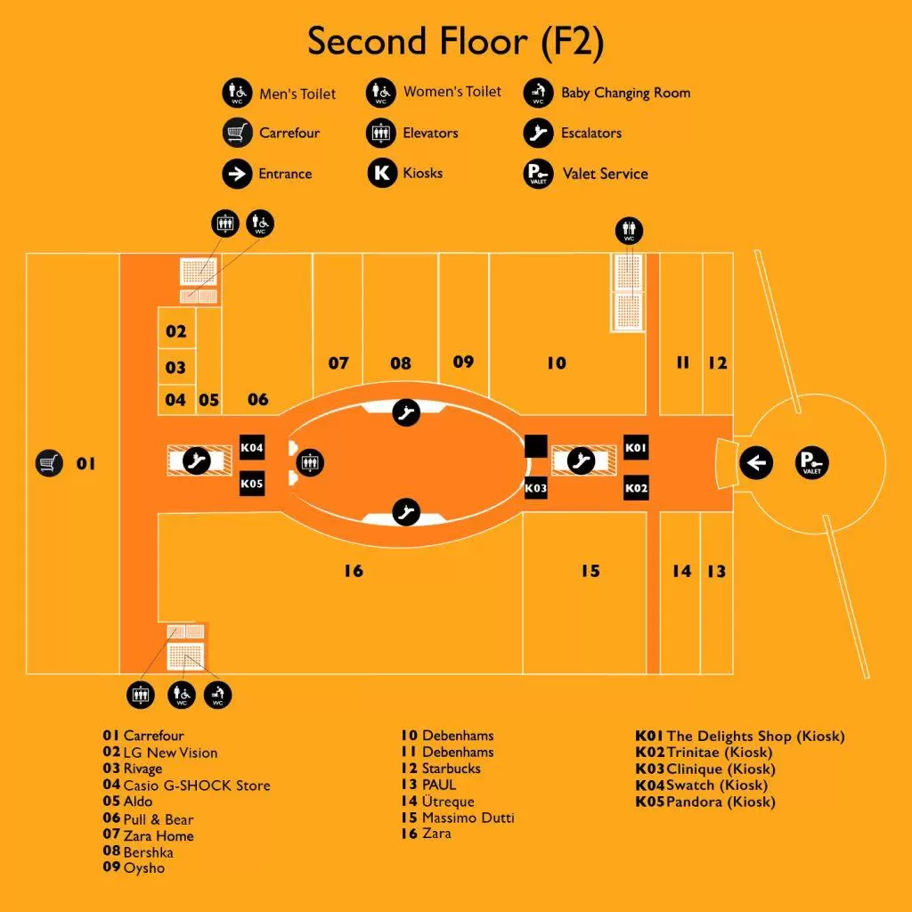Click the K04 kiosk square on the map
point(252,447)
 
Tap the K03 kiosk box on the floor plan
point(535,487)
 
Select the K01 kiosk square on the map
point(636,447)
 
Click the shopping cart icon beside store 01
point(49,463)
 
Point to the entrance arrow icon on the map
point(756,463)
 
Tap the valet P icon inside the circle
point(811,463)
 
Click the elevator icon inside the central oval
point(310,463)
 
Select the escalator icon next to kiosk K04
point(197,460)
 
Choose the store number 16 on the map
point(354,571)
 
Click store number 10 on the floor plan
point(557,363)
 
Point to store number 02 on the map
point(175,331)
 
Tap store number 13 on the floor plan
point(717,571)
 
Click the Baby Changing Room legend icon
point(538,93)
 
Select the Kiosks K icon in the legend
point(382,173)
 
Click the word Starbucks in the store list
point(452,769)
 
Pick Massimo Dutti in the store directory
point(468,818)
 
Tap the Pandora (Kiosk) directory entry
point(721,802)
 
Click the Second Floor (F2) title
point(456,42)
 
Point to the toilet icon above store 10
point(630,231)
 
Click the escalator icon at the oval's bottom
point(406,512)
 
